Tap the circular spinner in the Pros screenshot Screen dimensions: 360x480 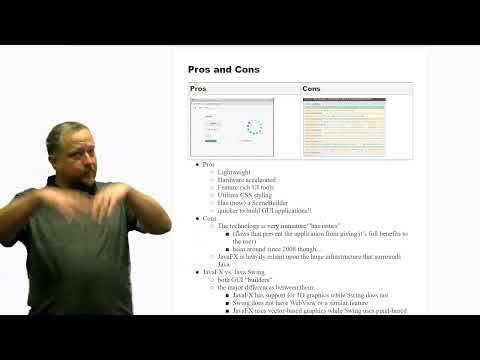[255, 127]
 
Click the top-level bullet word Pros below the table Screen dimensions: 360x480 [209, 163]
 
